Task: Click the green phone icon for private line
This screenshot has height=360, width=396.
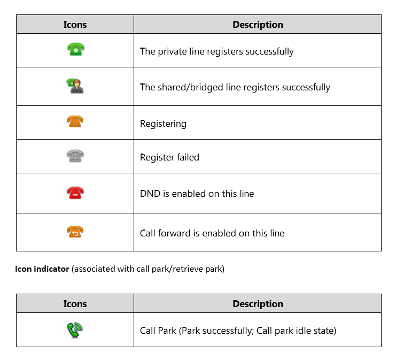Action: click(x=75, y=50)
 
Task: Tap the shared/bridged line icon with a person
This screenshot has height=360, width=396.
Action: click(x=75, y=86)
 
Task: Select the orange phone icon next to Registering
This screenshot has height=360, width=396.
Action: click(x=75, y=122)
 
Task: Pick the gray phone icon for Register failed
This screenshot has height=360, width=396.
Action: click(x=75, y=156)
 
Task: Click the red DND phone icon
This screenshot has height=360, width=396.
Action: click(x=75, y=193)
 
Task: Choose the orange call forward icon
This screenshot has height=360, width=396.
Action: click(x=75, y=232)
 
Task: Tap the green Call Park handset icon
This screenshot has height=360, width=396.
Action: click(x=75, y=330)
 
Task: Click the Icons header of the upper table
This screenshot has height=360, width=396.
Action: click(x=75, y=25)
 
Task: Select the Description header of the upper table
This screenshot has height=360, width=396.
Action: click(x=258, y=25)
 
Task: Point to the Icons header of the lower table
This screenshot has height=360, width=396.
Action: click(x=75, y=303)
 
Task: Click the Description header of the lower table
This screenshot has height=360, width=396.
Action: click(x=258, y=303)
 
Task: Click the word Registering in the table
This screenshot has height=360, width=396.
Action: click(x=163, y=124)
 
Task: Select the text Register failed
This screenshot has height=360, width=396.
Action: click(x=169, y=157)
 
